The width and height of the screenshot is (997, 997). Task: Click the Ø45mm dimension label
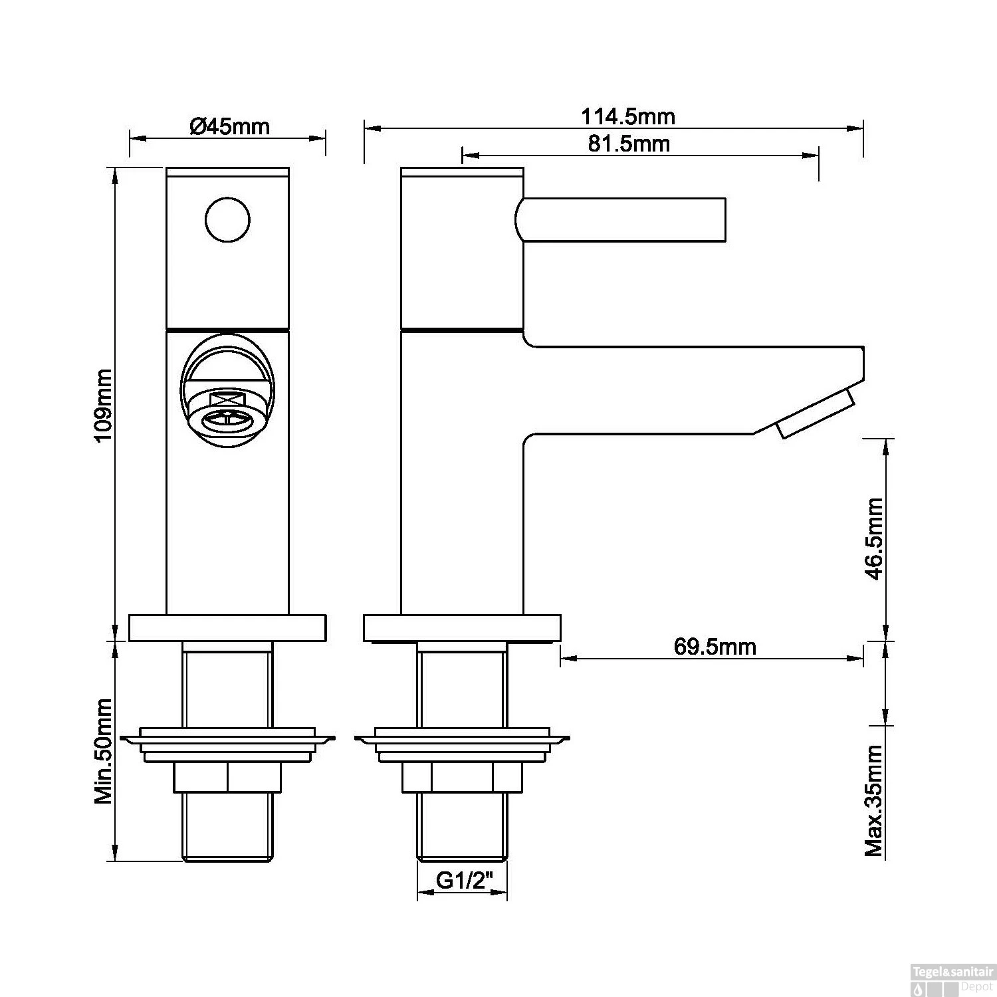[229, 126]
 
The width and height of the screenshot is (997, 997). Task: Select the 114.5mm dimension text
[627, 117]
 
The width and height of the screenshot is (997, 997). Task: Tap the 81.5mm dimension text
[628, 144]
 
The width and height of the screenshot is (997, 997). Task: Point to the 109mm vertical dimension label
[104, 406]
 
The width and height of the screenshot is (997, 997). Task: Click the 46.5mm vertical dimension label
[875, 539]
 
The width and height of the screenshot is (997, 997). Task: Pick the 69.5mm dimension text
[715, 646]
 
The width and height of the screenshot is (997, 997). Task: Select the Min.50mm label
[104, 752]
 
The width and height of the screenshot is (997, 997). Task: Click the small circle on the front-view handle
[227, 220]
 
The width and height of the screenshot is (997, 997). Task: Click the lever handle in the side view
[621, 219]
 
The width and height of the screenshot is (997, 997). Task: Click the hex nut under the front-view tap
[227, 778]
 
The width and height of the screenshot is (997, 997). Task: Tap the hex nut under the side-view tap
[462, 778]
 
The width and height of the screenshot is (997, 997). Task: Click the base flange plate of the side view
[462, 629]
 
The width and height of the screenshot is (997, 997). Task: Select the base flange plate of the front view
[227, 629]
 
